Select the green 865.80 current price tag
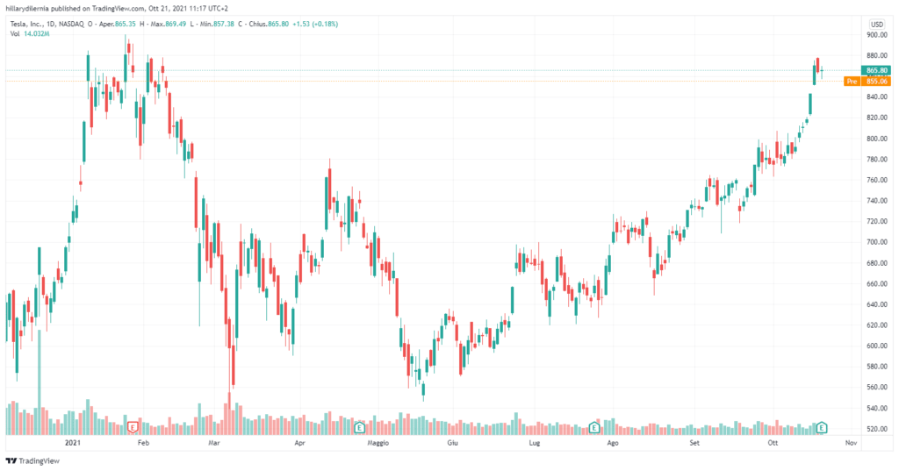[x=877, y=70]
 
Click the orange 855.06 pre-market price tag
[x=877, y=82]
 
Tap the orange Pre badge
[x=851, y=82]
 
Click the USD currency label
[x=876, y=24]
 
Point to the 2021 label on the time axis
[x=74, y=445]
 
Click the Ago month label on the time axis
[x=613, y=445]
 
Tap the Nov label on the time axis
[x=850, y=445]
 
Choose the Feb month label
[x=145, y=445]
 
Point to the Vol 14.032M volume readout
[x=28, y=33]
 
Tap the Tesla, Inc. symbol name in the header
[x=31, y=24]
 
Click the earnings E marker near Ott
[x=822, y=428]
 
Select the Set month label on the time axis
[x=694, y=445]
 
